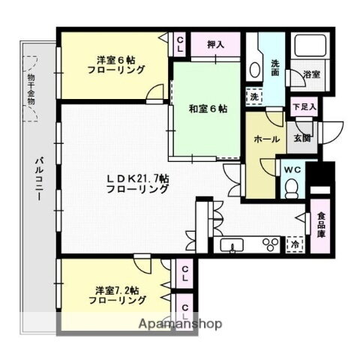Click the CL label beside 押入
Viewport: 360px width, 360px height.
[180, 45]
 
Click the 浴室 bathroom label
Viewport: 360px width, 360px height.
[311, 75]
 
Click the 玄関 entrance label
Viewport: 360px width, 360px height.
[301, 136]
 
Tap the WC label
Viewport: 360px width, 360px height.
[291, 169]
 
